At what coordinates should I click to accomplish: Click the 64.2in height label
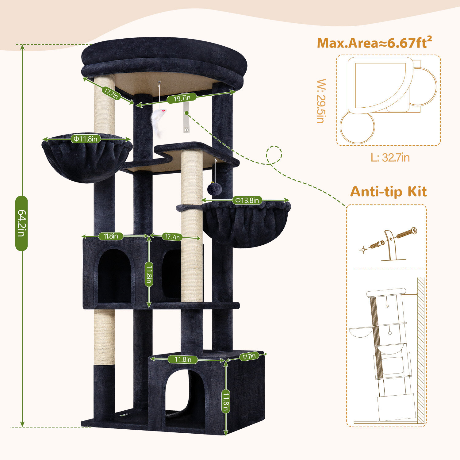click(x=21, y=223)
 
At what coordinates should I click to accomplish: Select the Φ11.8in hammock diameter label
click(x=86, y=139)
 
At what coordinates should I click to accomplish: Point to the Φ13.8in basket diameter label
click(x=247, y=200)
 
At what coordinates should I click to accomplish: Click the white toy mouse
click(x=159, y=121)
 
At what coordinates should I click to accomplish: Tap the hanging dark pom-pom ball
click(x=212, y=188)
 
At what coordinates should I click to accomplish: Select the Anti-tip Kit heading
click(x=388, y=192)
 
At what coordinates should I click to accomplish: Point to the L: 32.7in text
click(x=390, y=158)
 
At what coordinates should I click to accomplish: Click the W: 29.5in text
click(x=321, y=101)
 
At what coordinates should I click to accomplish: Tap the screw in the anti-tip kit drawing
click(x=407, y=233)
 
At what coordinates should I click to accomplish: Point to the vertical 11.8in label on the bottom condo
click(x=226, y=401)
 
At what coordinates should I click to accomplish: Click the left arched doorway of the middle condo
click(x=114, y=276)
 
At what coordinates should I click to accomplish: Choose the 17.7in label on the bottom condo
click(x=249, y=356)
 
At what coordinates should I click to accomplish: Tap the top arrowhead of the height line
click(x=22, y=47)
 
